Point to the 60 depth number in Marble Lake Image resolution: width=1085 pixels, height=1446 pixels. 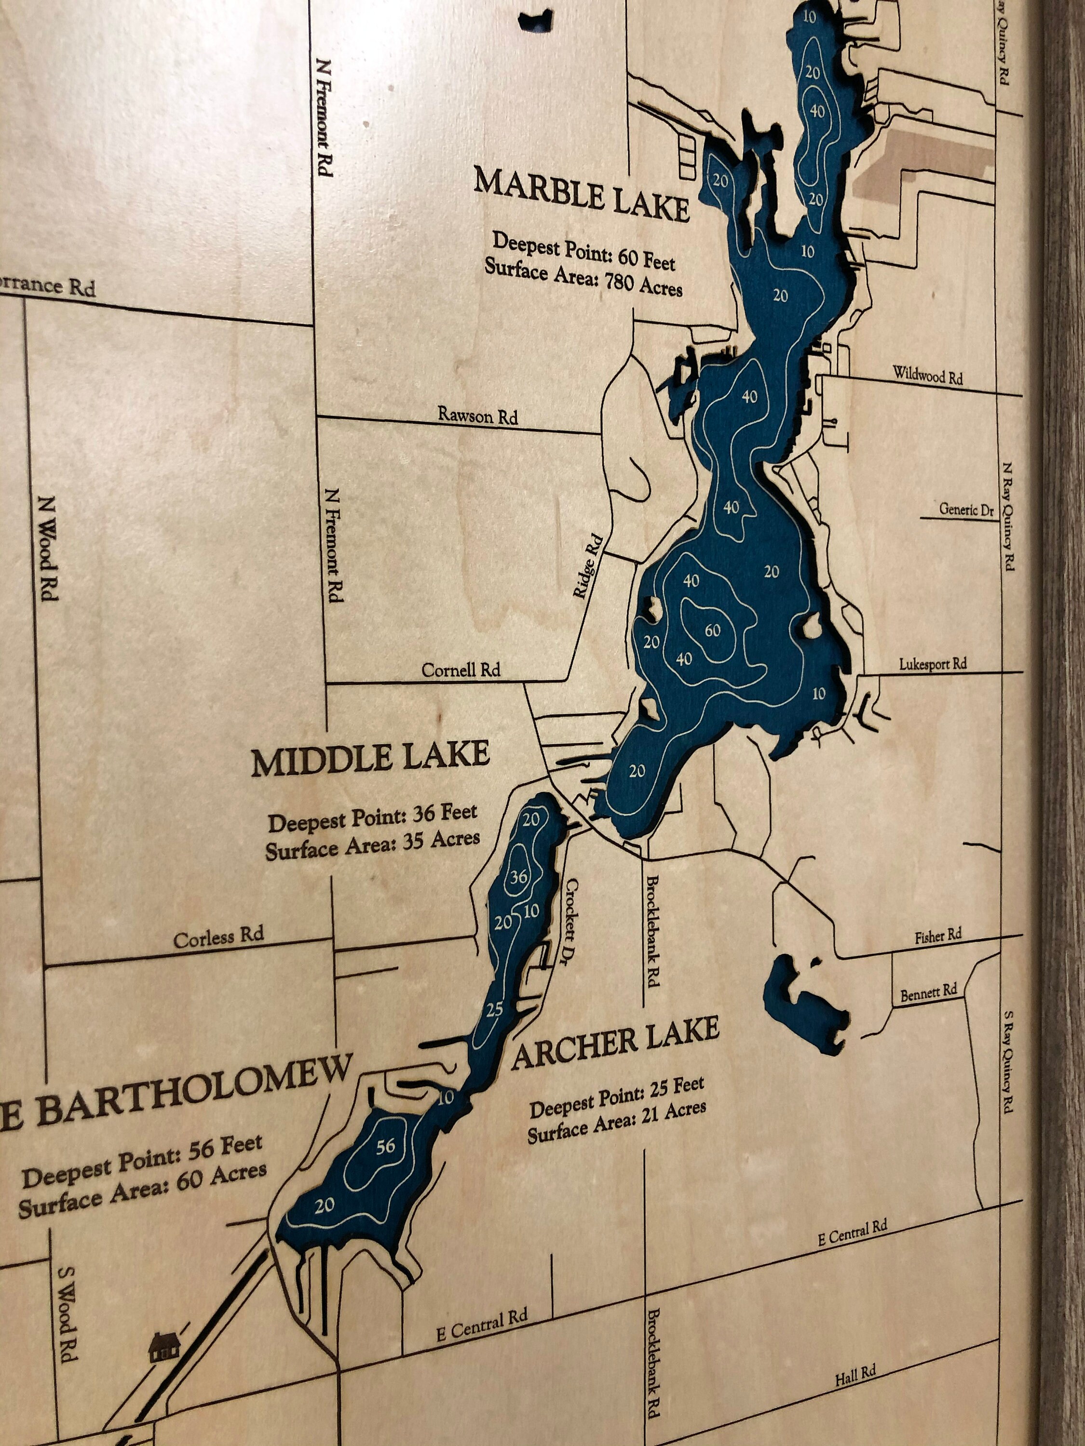pos(712,630)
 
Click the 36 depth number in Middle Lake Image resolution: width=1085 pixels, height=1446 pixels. pos(518,876)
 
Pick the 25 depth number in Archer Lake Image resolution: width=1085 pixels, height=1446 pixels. pos(494,1009)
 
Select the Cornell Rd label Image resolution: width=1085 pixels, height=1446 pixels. pos(461,670)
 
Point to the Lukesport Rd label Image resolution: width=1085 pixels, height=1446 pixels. pos(933,664)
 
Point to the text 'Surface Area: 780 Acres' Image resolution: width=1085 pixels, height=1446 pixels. pos(583,277)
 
